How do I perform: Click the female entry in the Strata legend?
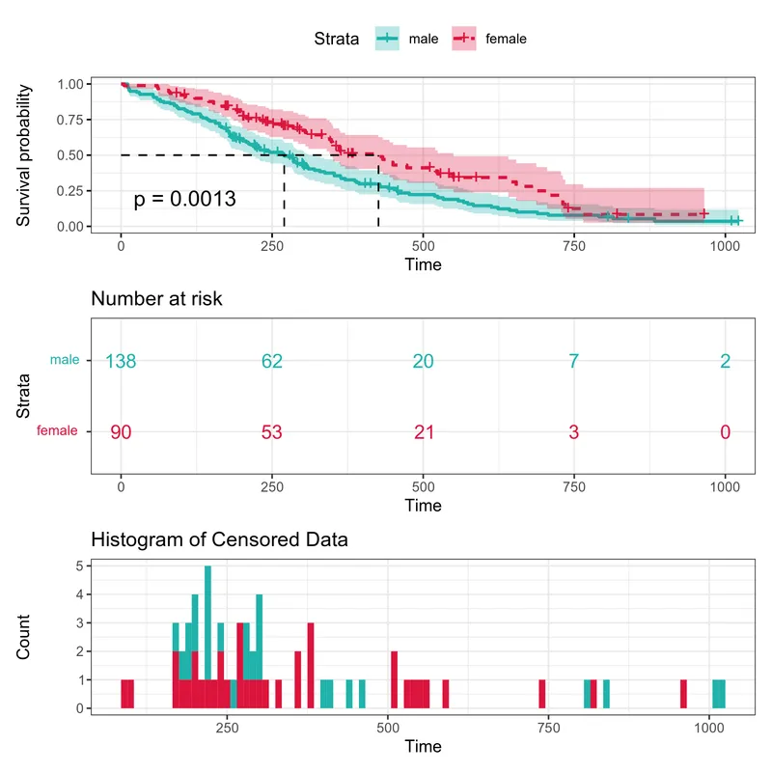pyautogui.click(x=492, y=39)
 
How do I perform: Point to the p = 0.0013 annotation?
pyautogui.click(x=184, y=199)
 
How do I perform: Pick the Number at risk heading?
pyautogui.click(x=156, y=299)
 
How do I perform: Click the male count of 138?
pyautogui.click(x=121, y=362)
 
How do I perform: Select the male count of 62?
pyautogui.click(x=272, y=362)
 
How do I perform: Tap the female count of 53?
pyautogui.click(x=272, y=431)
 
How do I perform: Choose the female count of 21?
pyautogui.click(x=423, y=431)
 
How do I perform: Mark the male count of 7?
pyautogui.click(x=574, y=362)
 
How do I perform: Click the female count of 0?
pyautogui.click(x=725, y=431)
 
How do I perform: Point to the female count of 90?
pyautogui.click(x=121, y=431)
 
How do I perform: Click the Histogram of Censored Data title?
pyautogui.click(x=219, y=540)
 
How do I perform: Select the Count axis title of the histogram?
pyautogui.click(x=24, y=637)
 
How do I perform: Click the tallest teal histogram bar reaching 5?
pyautogui.click(x=207, y=618)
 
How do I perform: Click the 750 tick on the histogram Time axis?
pyautogui.click(x=548, y=728)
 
